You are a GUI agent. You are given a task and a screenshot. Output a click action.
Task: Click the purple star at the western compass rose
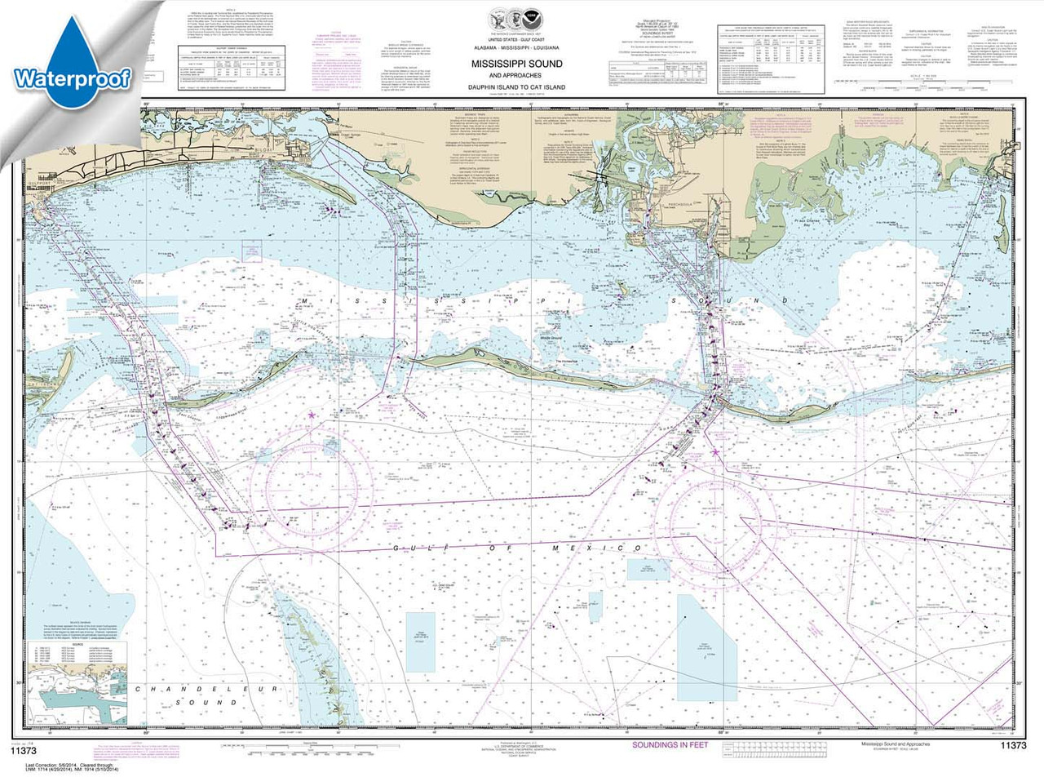312,416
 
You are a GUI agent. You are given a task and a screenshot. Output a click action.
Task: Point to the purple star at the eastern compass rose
715,451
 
